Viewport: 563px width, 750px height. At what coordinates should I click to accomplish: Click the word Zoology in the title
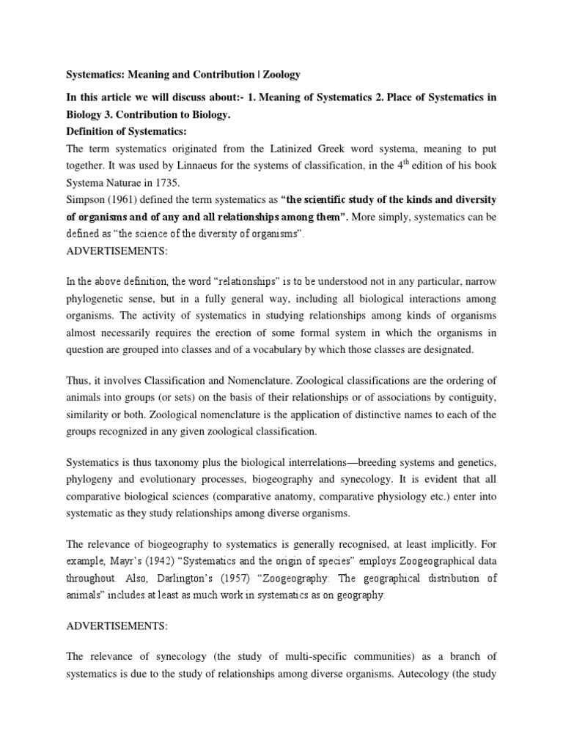(277, 75)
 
